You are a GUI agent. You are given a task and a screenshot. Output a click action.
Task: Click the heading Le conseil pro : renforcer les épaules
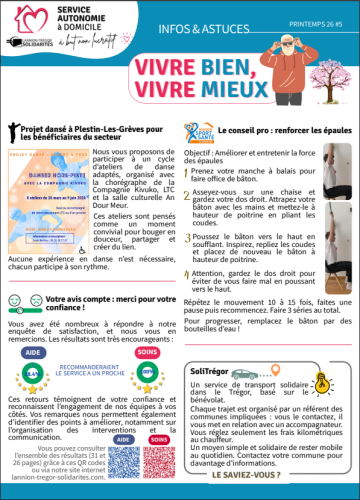pyautogui.click(x=275, y=130)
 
